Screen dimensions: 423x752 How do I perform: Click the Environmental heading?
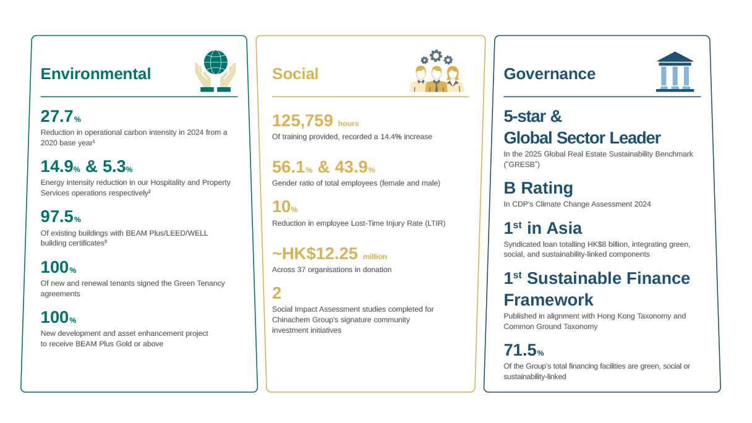click(95, 74)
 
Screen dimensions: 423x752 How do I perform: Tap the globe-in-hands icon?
click(215, 71)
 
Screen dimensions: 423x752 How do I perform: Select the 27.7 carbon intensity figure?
click(56, 116)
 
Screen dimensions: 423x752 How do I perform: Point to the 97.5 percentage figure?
click(56, 217)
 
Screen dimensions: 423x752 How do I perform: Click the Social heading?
click(295, 74)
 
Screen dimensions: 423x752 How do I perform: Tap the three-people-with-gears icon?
click(437, 71)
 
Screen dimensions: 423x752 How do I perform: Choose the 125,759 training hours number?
click(302, 121)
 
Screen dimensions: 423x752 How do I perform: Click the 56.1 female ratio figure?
click(288, 167)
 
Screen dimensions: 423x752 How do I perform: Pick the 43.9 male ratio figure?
click(351, 167)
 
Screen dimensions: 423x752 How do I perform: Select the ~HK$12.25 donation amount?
click(315, 254)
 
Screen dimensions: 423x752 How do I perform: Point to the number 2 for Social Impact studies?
click(276, 293)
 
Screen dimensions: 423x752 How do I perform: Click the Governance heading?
click(549, 74)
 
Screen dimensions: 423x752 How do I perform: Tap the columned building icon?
click(675, 72)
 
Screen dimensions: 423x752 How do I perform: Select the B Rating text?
click(538, 188)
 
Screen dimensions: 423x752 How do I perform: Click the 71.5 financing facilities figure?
click(519, 351)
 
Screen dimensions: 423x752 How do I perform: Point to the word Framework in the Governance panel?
click(548, 300)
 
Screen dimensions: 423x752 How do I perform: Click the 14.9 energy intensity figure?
click(56, 167)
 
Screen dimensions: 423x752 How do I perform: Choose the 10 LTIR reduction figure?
click(281, 207)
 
